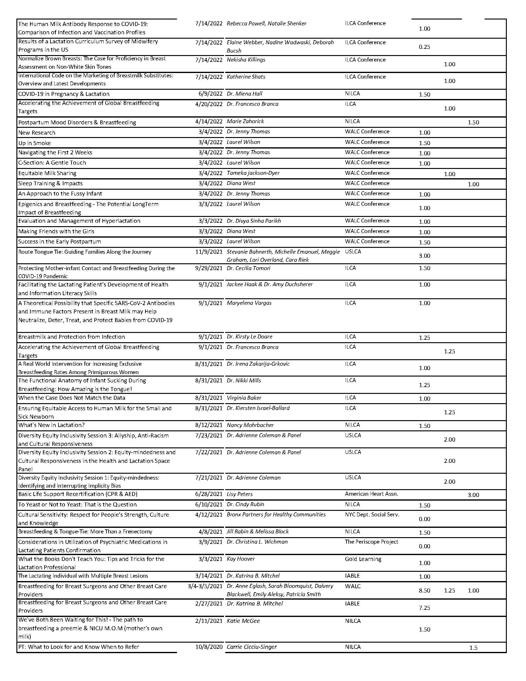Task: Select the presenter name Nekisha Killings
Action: click(246, 59)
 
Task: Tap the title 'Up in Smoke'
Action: click(34, 143)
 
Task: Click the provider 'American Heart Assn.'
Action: click(371, 494)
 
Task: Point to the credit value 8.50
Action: click(424, 590)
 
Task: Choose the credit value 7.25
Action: click(424, 607)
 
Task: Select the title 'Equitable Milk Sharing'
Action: click(47, 173)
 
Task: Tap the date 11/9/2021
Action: click(209, 252)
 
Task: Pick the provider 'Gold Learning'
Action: click(363, 559)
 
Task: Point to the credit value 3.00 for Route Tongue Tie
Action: click(424, 256)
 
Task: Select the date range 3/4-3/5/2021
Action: click(205, 586)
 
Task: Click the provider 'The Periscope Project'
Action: click(371, 542)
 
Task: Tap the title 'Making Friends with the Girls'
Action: click(56, 231)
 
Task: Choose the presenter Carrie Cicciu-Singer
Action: click(252, 647)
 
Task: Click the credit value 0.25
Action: click(424, 47)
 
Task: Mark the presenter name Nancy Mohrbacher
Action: click(250, 425)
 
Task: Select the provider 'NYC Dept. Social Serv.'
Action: click(372, 515)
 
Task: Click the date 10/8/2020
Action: click(209, 647)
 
